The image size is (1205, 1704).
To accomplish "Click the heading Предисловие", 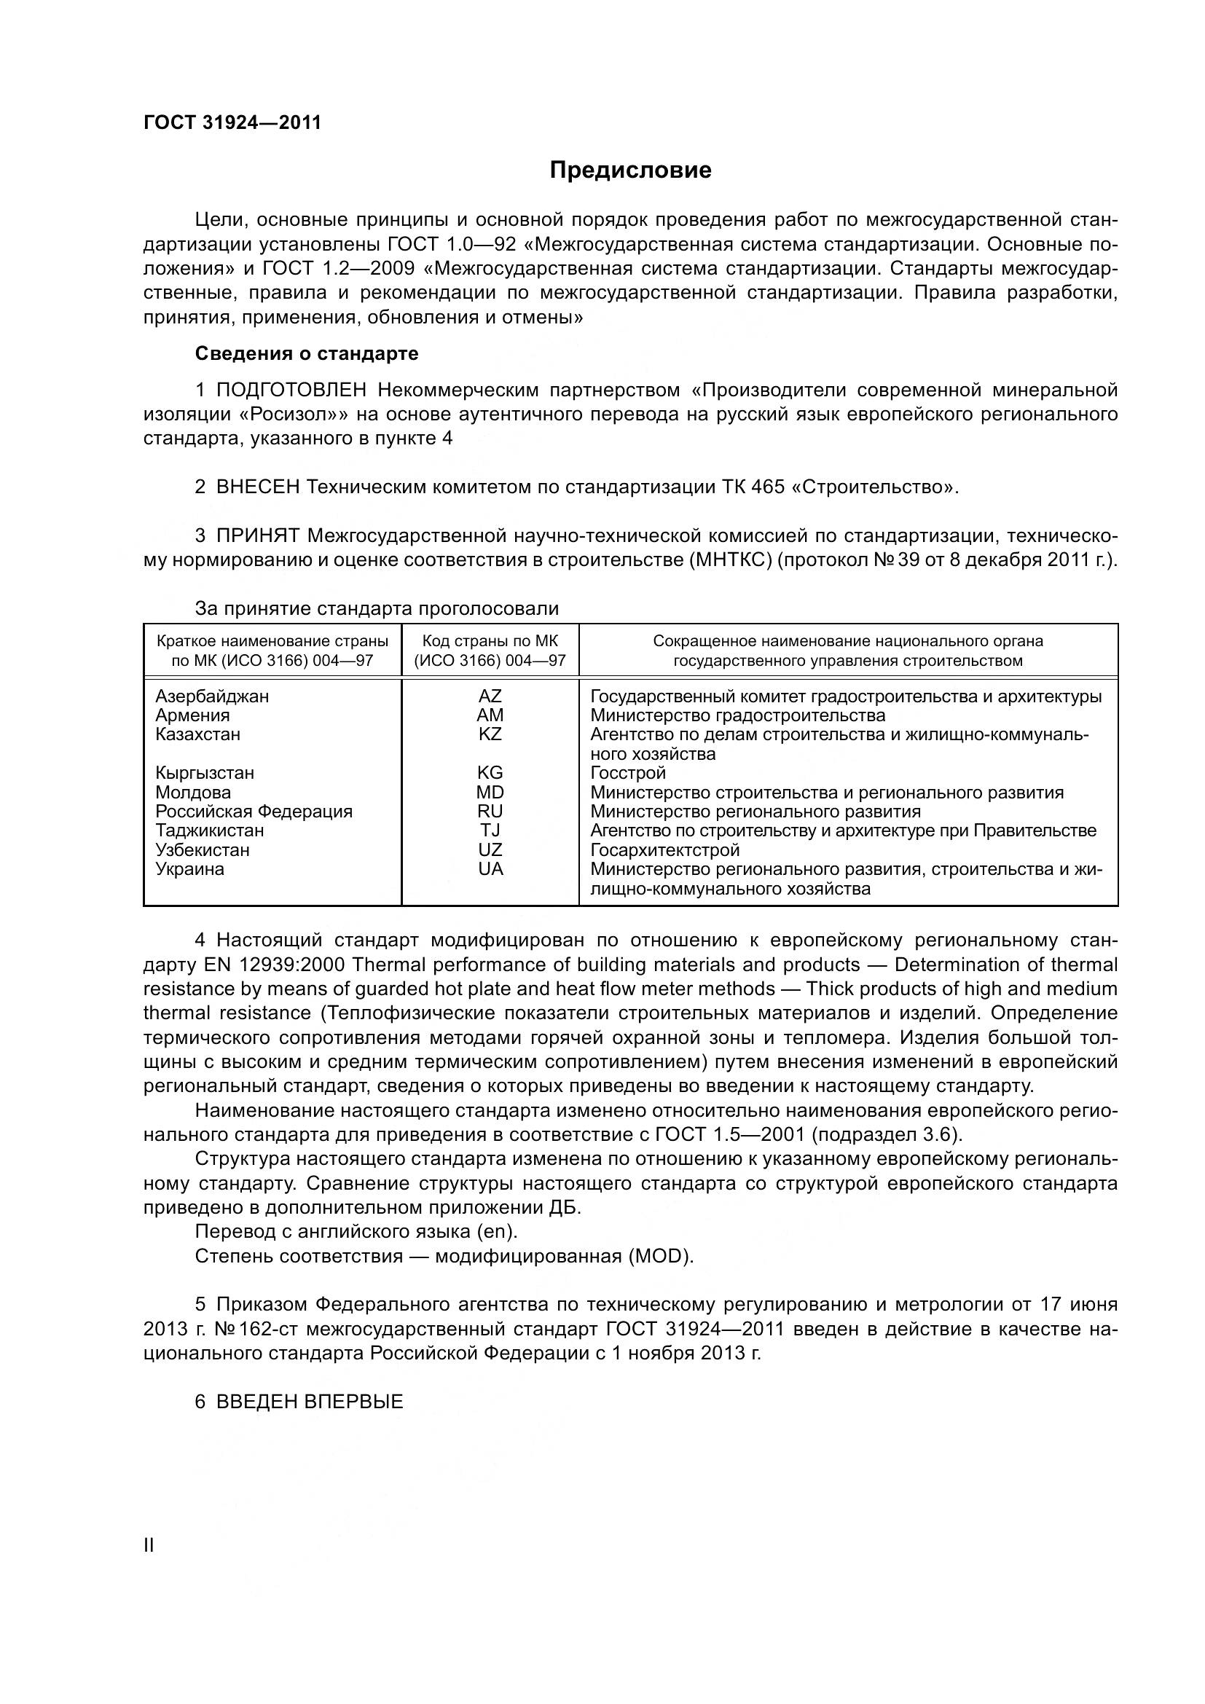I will (630, 170).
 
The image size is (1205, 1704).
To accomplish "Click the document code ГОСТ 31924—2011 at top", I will (232, 122).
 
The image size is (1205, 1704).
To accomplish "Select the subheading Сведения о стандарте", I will (307, 353).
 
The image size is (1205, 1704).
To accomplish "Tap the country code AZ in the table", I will (490, 696).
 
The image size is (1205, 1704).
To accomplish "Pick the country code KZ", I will (490, 734).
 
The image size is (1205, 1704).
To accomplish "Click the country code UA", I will (490, 868).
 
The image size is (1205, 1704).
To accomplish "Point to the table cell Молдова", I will (193, 792).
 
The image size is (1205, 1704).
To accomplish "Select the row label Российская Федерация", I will (254, 811).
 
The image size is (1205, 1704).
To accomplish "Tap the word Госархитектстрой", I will (665, 849).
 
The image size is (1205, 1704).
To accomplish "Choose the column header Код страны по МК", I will (490, 641).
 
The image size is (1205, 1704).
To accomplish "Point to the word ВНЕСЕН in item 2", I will (257, 487).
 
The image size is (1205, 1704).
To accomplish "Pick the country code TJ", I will (490, 831).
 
